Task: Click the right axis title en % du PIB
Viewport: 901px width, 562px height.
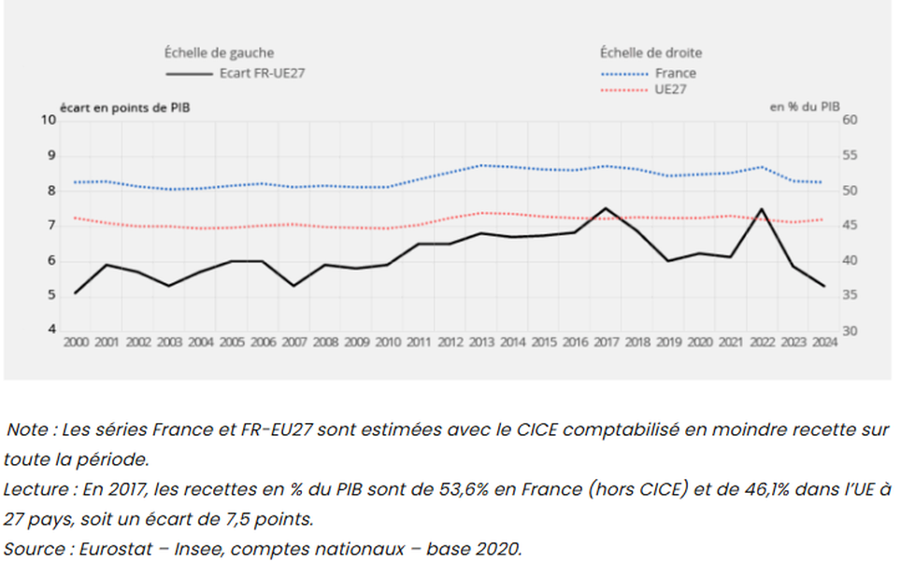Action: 804,107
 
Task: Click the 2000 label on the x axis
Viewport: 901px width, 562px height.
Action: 76,343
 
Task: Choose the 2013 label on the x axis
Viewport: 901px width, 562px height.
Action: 480,343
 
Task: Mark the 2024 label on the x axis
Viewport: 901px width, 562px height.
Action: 823,343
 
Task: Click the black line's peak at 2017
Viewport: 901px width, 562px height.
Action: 606,208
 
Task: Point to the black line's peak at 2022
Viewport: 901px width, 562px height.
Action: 762,209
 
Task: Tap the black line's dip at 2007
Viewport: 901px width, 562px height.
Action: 293,286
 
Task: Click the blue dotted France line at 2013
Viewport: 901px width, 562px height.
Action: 480,165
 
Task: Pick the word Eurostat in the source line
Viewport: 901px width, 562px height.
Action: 96,547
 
